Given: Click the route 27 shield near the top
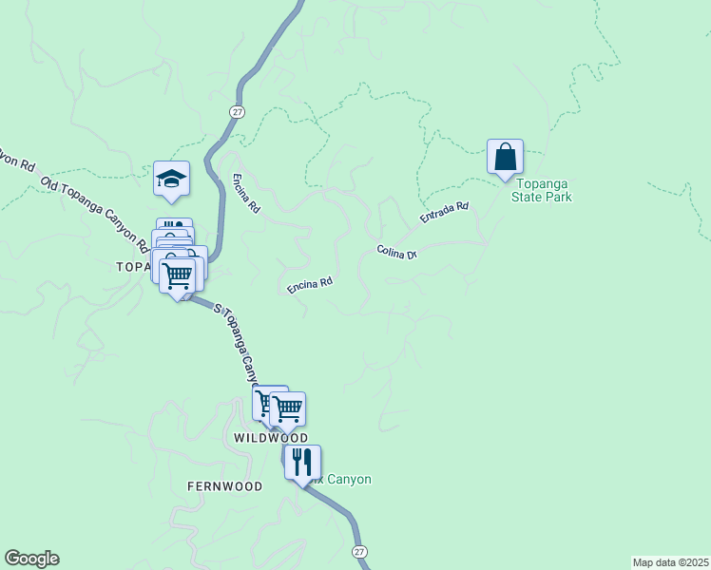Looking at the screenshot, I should [x=235, y=112].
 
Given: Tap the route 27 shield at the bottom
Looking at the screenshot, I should [x=358, y=552].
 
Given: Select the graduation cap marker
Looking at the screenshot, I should [x=172, y=179].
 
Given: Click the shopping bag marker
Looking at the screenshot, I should [x=505, y=157].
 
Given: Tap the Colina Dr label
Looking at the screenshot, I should [x=397, y=253].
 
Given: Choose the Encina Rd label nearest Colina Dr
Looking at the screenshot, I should [x=310, y=283].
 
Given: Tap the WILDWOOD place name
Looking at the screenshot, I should [x=271, y=438].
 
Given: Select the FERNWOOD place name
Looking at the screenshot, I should [x=224, y=485].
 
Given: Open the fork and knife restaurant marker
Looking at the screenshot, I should [x=301, y=463].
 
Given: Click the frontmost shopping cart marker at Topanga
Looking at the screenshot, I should [x=178, y=276].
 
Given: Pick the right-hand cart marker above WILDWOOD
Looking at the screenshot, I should [x=287, y=409].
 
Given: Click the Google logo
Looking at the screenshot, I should [x=31, y=559].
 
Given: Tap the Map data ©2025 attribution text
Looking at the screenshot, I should [x=670, y=562].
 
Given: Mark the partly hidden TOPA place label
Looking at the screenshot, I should [x=133, y=267].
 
